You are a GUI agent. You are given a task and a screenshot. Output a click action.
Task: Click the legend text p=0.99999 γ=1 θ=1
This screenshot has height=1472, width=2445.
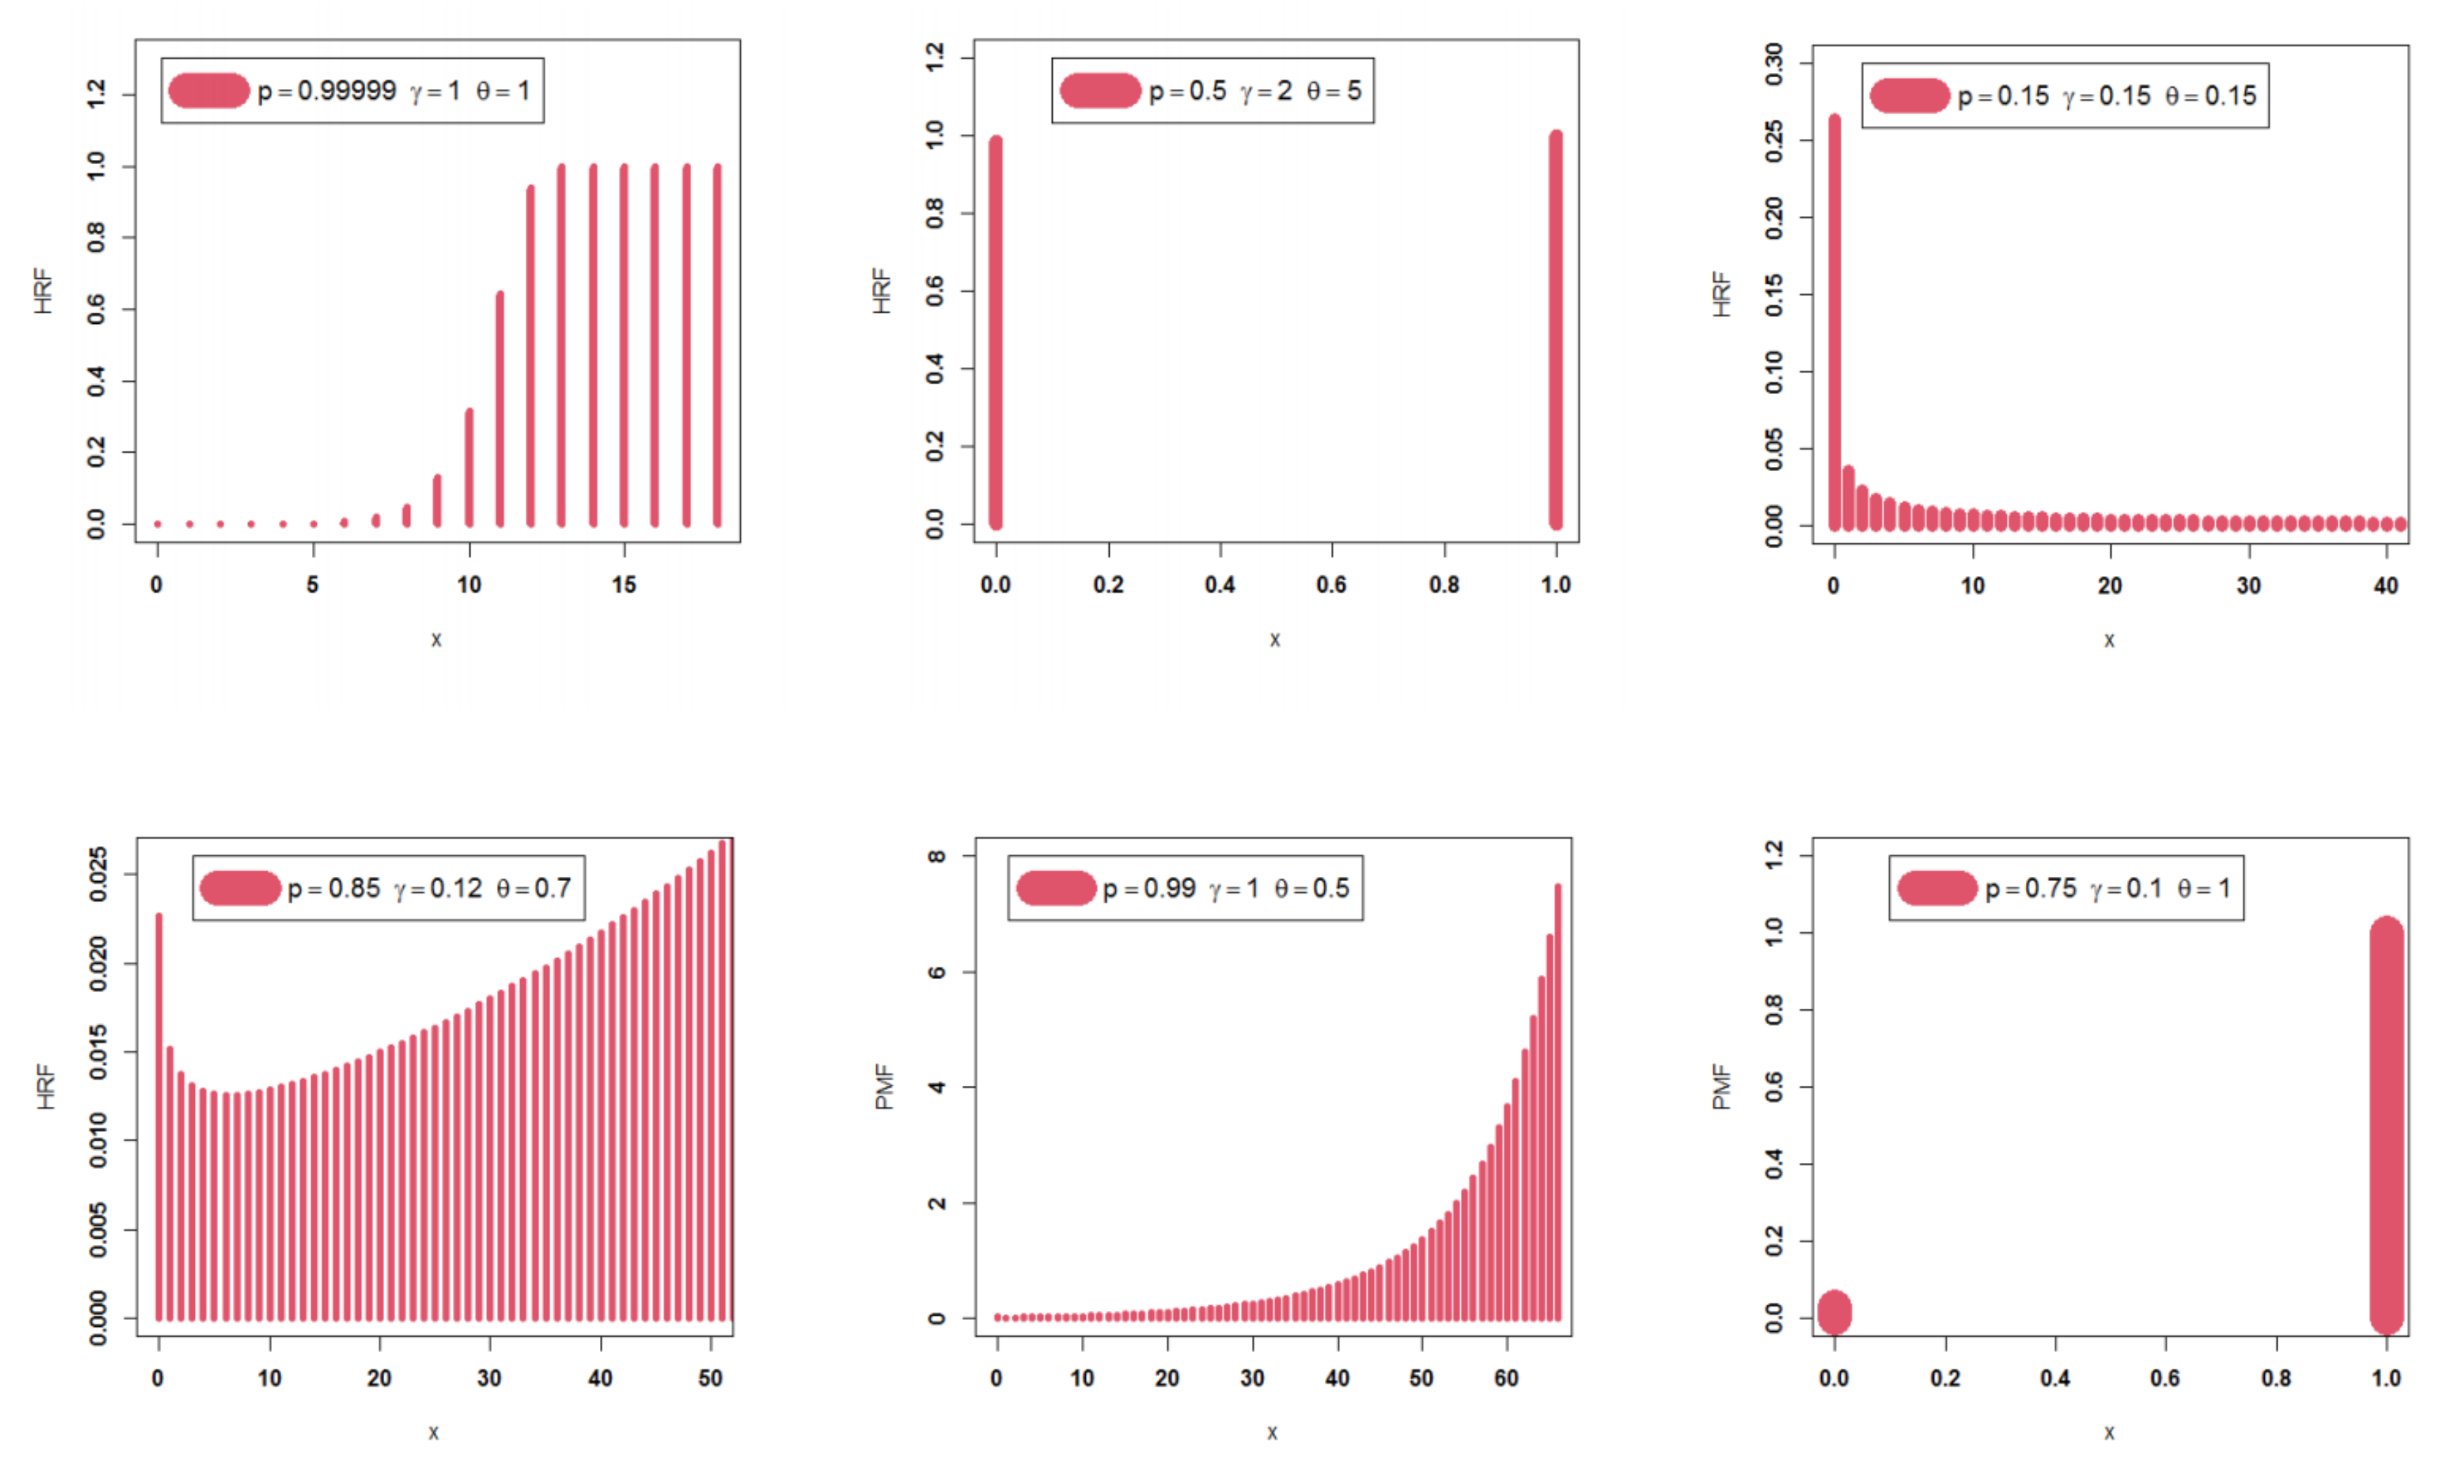point(394,91)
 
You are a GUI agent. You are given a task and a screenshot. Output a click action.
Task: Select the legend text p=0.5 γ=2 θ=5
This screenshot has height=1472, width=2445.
point(1255,91)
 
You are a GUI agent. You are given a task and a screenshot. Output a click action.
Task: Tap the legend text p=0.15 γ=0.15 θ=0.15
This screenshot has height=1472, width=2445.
point(2106,96)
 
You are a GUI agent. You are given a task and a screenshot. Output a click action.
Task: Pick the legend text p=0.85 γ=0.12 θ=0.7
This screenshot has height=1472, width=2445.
point(430,889)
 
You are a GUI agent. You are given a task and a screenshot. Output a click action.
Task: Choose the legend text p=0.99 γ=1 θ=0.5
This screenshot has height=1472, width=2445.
point(1226,889)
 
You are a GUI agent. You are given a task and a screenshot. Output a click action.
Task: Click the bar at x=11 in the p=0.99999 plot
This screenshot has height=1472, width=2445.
point(500,409)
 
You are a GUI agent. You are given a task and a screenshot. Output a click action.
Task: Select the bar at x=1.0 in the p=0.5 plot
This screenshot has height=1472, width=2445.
point(1555,329)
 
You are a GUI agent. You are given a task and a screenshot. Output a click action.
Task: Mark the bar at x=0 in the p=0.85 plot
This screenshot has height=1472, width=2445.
point(158,1116)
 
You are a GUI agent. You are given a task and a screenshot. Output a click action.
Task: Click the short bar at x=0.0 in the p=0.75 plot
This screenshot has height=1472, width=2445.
point(1834,1312)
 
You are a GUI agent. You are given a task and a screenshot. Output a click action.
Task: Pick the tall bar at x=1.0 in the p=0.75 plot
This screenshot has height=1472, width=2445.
point(2387,1126)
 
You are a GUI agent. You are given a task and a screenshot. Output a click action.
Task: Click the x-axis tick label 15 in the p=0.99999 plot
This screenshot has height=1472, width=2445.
point(624,585)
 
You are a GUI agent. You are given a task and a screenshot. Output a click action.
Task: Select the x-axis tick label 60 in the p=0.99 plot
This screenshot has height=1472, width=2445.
point(1506,1379)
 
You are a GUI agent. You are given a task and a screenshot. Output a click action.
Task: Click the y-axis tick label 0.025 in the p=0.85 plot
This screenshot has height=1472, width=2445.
point(98,874)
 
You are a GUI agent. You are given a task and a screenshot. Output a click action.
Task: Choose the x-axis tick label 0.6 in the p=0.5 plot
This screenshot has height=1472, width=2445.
point(1331,585)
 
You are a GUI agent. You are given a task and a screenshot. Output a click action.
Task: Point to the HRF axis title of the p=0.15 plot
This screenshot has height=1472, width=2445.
point(1722,294)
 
